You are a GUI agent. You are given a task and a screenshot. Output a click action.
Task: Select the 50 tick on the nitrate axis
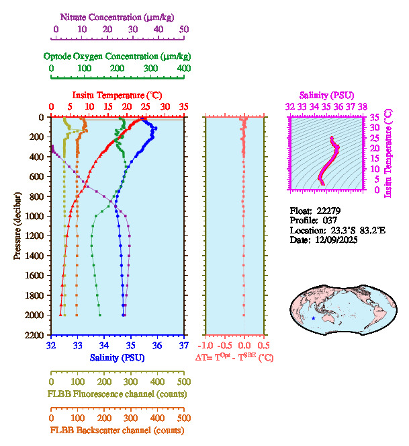click(184, 29)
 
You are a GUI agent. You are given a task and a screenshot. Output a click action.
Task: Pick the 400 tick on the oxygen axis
click(183, 69)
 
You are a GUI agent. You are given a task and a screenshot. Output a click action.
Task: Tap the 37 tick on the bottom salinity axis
click(184, 345)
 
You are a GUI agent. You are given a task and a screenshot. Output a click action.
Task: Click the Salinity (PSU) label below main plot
click(116, 357)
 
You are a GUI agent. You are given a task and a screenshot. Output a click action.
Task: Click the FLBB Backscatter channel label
click(116, 430)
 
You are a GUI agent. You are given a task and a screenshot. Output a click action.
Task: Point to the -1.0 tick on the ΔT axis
click(206, 345)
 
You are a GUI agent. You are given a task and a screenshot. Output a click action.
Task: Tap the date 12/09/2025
click(334, 239)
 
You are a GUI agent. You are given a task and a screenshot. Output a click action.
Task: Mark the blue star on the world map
click(314, 318)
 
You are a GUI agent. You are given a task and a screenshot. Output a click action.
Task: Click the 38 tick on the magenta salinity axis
click(363, 106)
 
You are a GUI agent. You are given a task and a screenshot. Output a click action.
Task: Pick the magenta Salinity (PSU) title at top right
click(327, 96)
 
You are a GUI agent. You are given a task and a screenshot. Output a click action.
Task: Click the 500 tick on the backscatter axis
click(183, 417)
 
